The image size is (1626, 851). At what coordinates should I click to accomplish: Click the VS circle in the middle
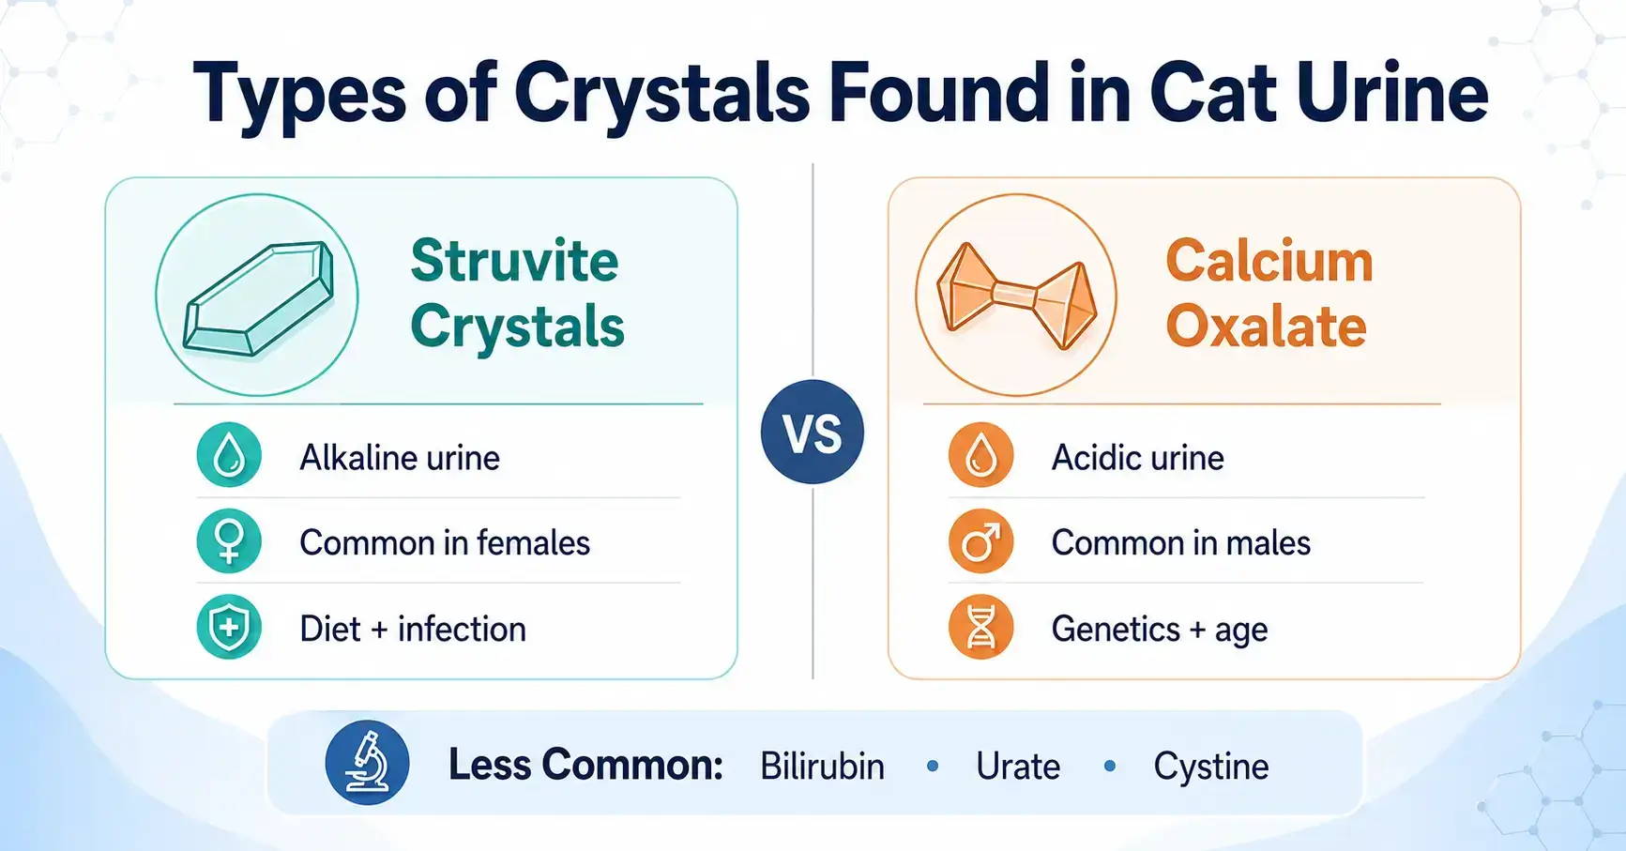coord(813,433)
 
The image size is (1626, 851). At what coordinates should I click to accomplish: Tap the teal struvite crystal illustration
coord(258,298)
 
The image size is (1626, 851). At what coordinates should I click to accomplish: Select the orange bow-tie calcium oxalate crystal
coord(1016,296)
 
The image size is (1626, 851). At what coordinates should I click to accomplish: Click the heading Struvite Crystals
coord(517,294)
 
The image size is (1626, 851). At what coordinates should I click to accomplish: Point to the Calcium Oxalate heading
coord(1269,294)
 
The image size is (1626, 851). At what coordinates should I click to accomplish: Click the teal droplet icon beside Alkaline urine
coord(229,456)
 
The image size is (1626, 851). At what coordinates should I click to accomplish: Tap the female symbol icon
coord(229,541)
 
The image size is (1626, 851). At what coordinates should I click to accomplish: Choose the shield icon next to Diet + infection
coord(229,627)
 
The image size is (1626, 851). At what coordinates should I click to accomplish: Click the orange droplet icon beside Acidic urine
coord(980,456)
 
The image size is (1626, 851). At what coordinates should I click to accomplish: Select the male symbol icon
coord(980,541)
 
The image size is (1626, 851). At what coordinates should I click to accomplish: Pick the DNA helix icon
coord(980,627)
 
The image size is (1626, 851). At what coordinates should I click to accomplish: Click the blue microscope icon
coord(367,763)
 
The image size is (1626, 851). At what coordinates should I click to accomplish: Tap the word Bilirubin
coord(822,767)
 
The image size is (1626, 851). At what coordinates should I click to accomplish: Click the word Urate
coord(1018,767)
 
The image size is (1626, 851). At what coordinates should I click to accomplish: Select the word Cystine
coord(1210,767)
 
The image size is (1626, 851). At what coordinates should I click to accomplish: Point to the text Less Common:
coord(585,765)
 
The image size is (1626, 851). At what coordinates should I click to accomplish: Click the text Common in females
coord(445,543)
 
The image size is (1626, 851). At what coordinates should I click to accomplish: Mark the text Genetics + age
coord(1160,630)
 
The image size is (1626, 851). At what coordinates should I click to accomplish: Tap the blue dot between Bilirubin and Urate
coord(933,767)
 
